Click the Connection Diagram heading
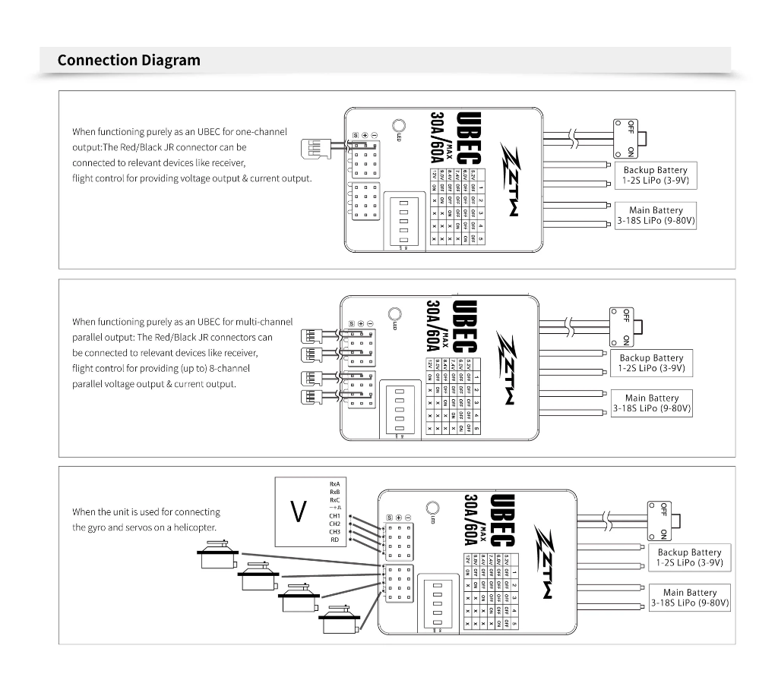pos(128,60)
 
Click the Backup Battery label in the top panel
pos(655,176)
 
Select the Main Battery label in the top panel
pos(656,216)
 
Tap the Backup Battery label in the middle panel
pos(651,363)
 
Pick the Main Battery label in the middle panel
pos(652,403)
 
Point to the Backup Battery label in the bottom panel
pos(689,558)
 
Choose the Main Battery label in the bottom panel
pos(690,597)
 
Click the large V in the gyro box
pos(299,512)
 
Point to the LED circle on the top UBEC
pos(399,127)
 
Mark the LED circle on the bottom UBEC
pos(434,508)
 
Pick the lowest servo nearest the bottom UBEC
pos(337,620)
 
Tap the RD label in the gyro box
pos(334,540)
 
